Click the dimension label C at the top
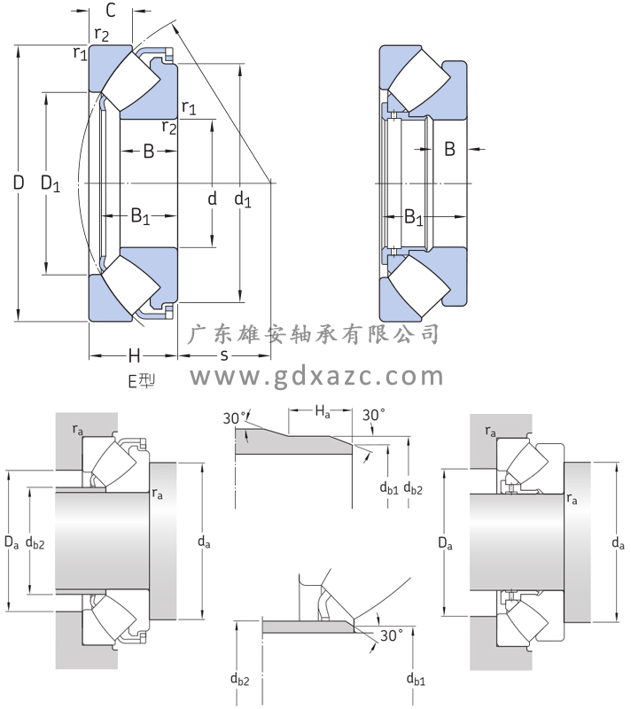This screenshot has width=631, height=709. pos(111,11)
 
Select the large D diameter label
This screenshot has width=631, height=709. pos(18,184)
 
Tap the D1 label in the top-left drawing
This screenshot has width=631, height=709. pos(51,184)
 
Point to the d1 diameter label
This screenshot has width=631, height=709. pos(242,200)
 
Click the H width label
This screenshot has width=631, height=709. pos(134,356)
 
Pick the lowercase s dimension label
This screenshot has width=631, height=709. pos(224,356)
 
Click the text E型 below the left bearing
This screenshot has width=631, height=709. pos(142,381)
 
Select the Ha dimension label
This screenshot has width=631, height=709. pos(323,410)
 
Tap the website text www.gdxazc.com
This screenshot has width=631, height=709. pos(317,377)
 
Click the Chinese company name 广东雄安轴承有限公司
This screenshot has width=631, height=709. pos(316,334)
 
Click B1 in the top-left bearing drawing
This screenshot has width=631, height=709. pos(140,214)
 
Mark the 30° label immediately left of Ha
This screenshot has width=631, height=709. pos(234,418)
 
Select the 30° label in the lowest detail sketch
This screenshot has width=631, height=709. pos(391,635)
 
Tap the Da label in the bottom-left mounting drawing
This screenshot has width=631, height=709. pos(12,540)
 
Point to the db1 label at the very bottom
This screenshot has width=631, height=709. pos(416,681)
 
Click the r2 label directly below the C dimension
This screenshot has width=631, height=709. pos(102,35)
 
